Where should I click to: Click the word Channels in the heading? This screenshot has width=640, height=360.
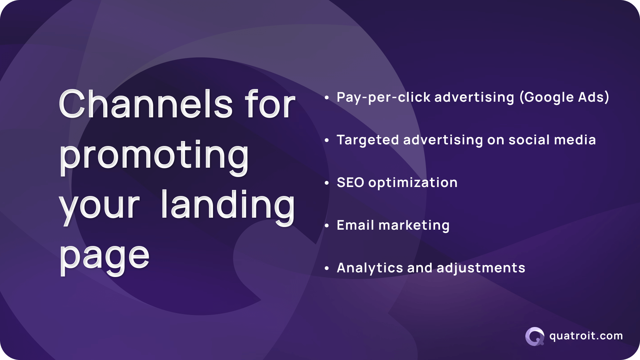coord(145,104)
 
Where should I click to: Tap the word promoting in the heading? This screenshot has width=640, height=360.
coord(154,155)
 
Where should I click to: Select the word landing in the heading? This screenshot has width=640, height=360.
coord(228,205)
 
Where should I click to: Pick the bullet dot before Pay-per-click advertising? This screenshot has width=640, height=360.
coord(327,98)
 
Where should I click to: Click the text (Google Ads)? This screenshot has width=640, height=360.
coord(564,97)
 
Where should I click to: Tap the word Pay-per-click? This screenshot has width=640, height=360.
coord(383,97)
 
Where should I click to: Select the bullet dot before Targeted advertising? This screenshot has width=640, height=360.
coord(327,140)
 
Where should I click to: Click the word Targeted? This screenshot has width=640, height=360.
coord(368,140)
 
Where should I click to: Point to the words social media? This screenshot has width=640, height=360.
coord(552,140)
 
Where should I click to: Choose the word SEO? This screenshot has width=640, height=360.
coord(350,182)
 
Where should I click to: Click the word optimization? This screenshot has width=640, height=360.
coord(413,183)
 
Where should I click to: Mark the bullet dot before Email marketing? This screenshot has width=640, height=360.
coord(327,226)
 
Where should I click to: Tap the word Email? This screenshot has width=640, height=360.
coord(355,225)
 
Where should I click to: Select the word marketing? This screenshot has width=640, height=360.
coord(414,225)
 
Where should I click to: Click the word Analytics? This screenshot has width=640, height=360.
coord(370,268)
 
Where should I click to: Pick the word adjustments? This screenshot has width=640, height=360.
coord(481,268)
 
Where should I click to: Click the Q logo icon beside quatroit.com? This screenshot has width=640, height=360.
coord(534,336)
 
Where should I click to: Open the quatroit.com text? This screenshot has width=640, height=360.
coord(586,336)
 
